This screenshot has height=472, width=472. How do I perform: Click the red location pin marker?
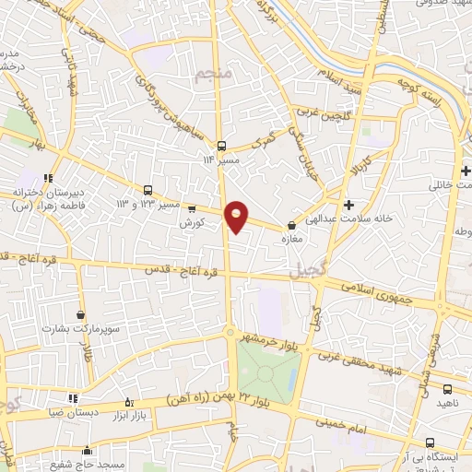click(x=237, y=216)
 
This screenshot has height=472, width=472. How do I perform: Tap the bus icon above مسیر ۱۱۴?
click(x=221, y=146)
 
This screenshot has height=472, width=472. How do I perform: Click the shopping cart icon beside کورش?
click(x=193, y=208)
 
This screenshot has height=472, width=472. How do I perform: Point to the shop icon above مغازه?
click(x=292, y=224)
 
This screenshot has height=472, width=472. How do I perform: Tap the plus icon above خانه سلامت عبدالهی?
click(x=348, y=205)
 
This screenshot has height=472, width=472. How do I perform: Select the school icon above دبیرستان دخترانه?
click(x=48, y=177)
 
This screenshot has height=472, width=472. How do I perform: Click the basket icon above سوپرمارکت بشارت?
click(x=81, y=315)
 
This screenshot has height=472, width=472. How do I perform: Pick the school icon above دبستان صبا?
click(x=73, y=398)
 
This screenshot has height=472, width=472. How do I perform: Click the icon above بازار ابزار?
click(x=129, y=402)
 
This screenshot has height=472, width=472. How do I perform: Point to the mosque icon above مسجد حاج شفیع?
click(x=88, y=451)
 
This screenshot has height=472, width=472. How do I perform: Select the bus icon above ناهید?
click(x=447, y=389)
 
